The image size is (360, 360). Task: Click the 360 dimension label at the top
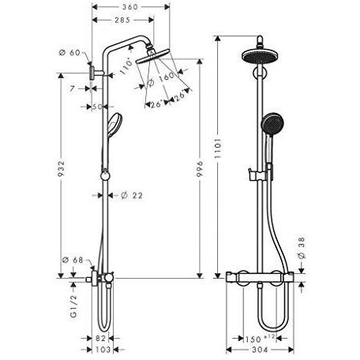[129, 7]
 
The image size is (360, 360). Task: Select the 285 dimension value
[122, 20]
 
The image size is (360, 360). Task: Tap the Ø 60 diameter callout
[69, 53]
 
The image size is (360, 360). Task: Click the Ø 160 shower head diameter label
[161, 80]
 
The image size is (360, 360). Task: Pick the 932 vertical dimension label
[61, 169]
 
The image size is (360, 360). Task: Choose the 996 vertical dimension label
[200, 169]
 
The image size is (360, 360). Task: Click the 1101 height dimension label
[218, 148]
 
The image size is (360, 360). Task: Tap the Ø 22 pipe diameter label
[132, 195]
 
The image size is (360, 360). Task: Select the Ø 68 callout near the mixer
[73, 261]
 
